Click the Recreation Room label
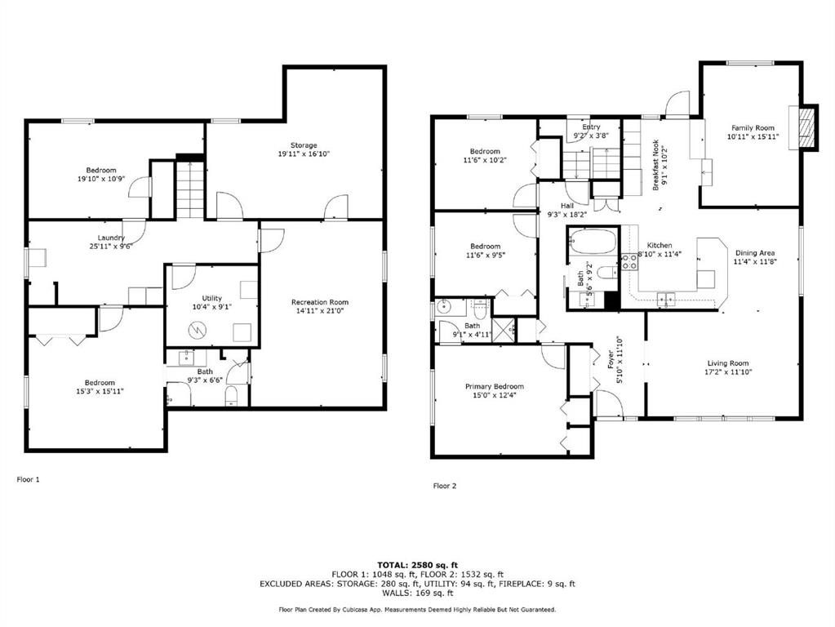[319, 302]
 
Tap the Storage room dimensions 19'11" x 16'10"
[304, 154]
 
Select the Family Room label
[753, 128]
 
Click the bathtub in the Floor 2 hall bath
[593, 242]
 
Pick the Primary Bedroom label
[494, 386]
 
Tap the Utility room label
[211, 298]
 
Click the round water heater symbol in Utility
[198, 331]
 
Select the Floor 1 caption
[29, 479]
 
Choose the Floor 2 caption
[445, 486]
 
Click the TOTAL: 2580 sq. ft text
[418, 565]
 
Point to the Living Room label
[727, 363]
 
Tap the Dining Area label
[754, 253]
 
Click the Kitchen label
[660, 245]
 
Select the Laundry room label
[111, 238]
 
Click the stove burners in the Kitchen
[629, 261]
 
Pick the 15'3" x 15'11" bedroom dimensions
[100, 391]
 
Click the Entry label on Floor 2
[591, 127]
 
